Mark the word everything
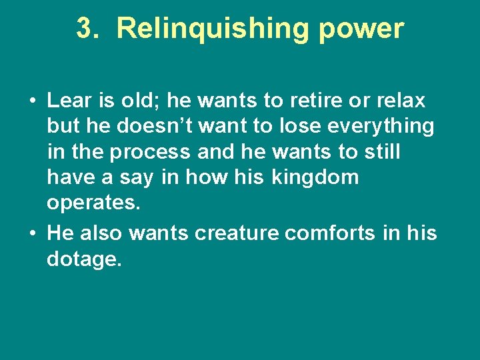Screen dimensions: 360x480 pyautogui.click(x=387, y=127)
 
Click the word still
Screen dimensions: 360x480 pyautogui.click(x=381, y=151)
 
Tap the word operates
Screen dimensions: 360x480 pyautogui.click(x=94, y=204)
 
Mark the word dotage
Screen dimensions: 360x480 pyautogui.click(x=85, y=259)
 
